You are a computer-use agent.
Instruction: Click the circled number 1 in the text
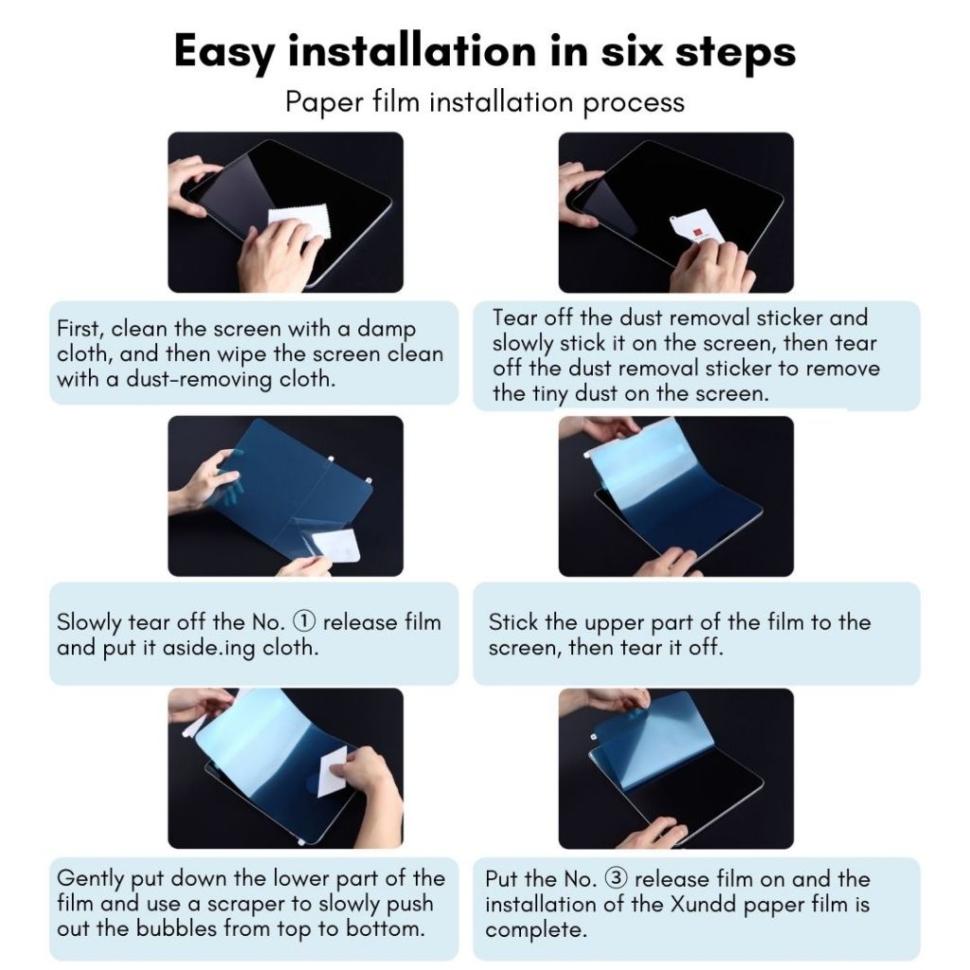point(304,621)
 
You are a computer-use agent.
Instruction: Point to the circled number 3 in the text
point(616,878)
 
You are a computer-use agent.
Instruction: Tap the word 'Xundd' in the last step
point(704,904)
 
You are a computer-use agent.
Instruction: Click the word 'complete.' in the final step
point(536,930)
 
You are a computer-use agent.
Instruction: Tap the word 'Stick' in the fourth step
point(512,621)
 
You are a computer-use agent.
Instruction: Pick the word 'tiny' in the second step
point(550,393)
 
